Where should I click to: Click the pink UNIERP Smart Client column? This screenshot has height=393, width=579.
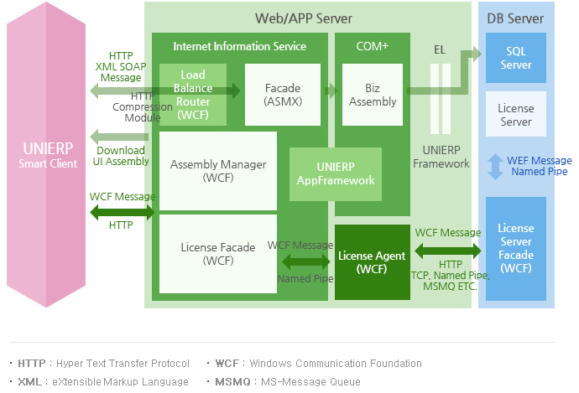pos(46,155)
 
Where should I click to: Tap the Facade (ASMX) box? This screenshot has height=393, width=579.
pos(282,94)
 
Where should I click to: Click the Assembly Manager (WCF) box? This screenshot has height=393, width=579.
pos(217,171)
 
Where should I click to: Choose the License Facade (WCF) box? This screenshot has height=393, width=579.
pos(218,254)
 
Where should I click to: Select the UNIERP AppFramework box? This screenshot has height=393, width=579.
pos(335,174)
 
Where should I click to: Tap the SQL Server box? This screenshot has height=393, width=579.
pos(516,58)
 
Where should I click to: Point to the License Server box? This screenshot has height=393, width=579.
pos(516,115)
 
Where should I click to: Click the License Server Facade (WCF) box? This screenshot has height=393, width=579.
pos(516,248)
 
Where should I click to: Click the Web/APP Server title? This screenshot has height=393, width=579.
pos(304,18)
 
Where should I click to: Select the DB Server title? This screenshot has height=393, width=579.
pos(515,18)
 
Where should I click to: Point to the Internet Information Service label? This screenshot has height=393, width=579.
pos(239,46)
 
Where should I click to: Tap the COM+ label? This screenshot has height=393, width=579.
pos(373,46)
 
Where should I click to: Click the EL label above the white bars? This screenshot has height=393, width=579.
pos(439,49)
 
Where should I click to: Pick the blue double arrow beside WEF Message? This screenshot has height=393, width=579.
pos(495,166)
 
